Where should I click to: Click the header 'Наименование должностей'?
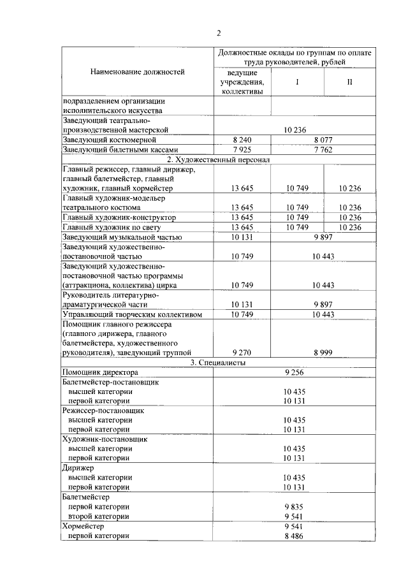137,72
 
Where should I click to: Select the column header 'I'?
298,83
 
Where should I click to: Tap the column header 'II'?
349,83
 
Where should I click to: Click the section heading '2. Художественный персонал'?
218,159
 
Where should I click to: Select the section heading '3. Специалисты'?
218,362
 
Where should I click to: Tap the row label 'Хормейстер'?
82,527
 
